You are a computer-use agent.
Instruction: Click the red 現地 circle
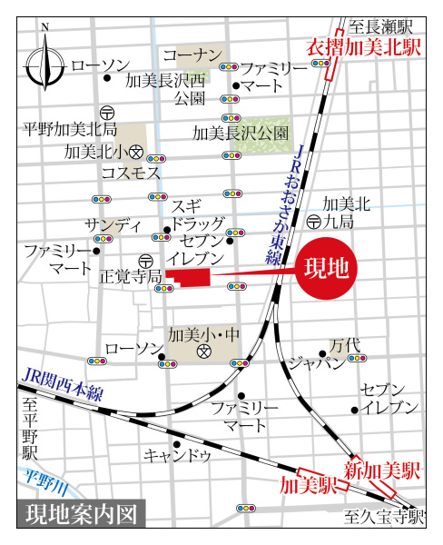[x=329, y=270]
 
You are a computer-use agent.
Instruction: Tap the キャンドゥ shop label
[x=178, y=454]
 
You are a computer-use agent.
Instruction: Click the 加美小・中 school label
[x=203, y=334]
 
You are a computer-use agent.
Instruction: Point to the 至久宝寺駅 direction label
[x=385, y=519]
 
